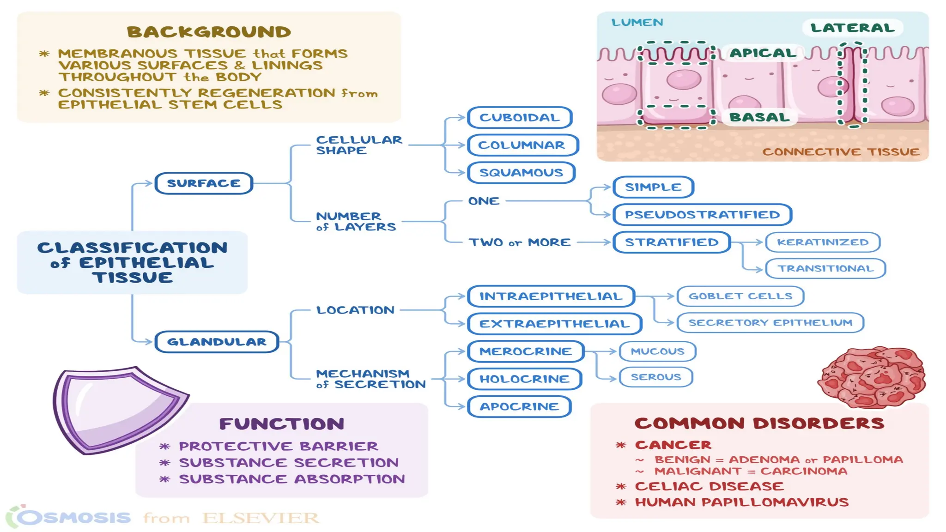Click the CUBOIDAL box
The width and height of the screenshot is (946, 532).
click(520, 118)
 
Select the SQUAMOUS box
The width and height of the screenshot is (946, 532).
click(521, 173)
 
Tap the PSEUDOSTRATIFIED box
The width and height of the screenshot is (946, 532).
click(702, 215)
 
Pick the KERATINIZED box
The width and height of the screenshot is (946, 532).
click(823, 242)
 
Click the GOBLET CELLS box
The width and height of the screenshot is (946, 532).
click(740, 296)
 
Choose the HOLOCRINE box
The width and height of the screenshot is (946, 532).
click(524, 379)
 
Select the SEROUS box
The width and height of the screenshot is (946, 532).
click(656, 377)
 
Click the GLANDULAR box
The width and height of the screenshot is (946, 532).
click(217, 342)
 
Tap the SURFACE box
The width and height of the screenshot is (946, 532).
click(204, 183)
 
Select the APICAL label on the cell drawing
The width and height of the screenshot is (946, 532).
click(763, 53)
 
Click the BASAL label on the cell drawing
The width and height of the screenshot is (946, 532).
click(760, 117)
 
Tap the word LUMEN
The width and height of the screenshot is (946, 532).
click(637, 22)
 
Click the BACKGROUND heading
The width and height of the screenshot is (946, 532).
click(209, 32)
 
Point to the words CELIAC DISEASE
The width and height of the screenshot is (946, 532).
click(709, 486)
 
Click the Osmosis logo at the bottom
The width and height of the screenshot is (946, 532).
click(69, 517)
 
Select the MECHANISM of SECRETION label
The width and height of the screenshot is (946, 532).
click(370, 379)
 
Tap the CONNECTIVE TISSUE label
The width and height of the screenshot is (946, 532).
click(841, 152)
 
